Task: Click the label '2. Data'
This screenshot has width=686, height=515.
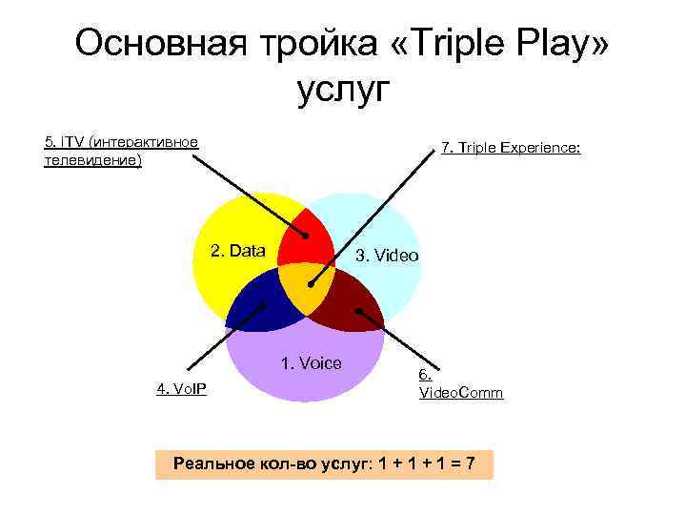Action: click(x=237, y=251)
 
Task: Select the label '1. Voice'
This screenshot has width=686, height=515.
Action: click(x=310, y=362)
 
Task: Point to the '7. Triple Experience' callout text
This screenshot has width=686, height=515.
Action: click(x=511, y=149)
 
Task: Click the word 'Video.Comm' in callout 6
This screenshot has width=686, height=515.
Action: click(x=461, y=393)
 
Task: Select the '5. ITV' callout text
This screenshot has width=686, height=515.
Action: click(x=121, y=142)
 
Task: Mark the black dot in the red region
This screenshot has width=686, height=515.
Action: click(x=306, y=236)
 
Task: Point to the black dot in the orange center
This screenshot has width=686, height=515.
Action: click(x=311, y=283)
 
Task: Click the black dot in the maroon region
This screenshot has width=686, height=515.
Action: click(x=358, y=310)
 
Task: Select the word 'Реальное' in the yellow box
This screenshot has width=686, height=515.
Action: click(x=211, y=464)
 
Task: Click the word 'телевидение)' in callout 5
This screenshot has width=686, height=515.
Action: click(x=92, y=160)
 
